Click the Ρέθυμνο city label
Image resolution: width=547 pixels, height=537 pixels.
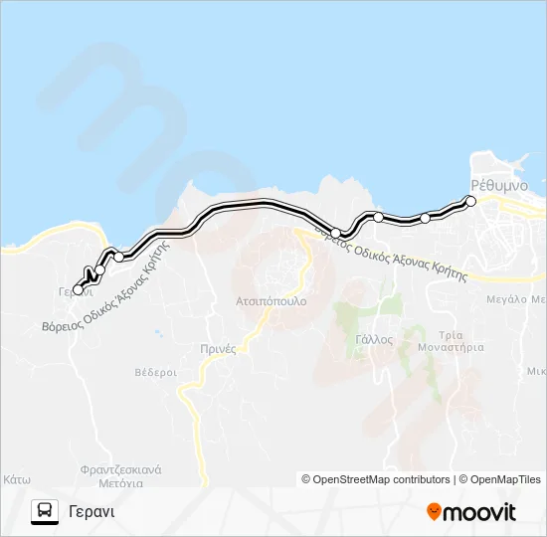494,185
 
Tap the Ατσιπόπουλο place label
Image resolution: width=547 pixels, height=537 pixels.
272,300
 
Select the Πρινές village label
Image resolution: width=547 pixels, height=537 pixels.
216,348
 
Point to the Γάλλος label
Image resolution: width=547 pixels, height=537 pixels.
374,339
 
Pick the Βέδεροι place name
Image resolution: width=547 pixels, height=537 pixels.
155,372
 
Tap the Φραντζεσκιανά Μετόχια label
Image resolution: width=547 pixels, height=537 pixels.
123,475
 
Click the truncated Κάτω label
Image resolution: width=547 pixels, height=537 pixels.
15,478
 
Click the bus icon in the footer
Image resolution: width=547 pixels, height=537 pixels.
45,511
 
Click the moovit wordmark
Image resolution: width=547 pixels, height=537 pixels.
481,512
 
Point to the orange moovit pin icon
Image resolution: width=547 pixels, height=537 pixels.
435,511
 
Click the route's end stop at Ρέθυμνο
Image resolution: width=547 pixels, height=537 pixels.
471,201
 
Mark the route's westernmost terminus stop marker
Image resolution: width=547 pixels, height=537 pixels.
79,289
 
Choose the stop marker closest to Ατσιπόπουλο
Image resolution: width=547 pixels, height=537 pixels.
336,233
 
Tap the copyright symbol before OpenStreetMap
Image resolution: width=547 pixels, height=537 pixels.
306,479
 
